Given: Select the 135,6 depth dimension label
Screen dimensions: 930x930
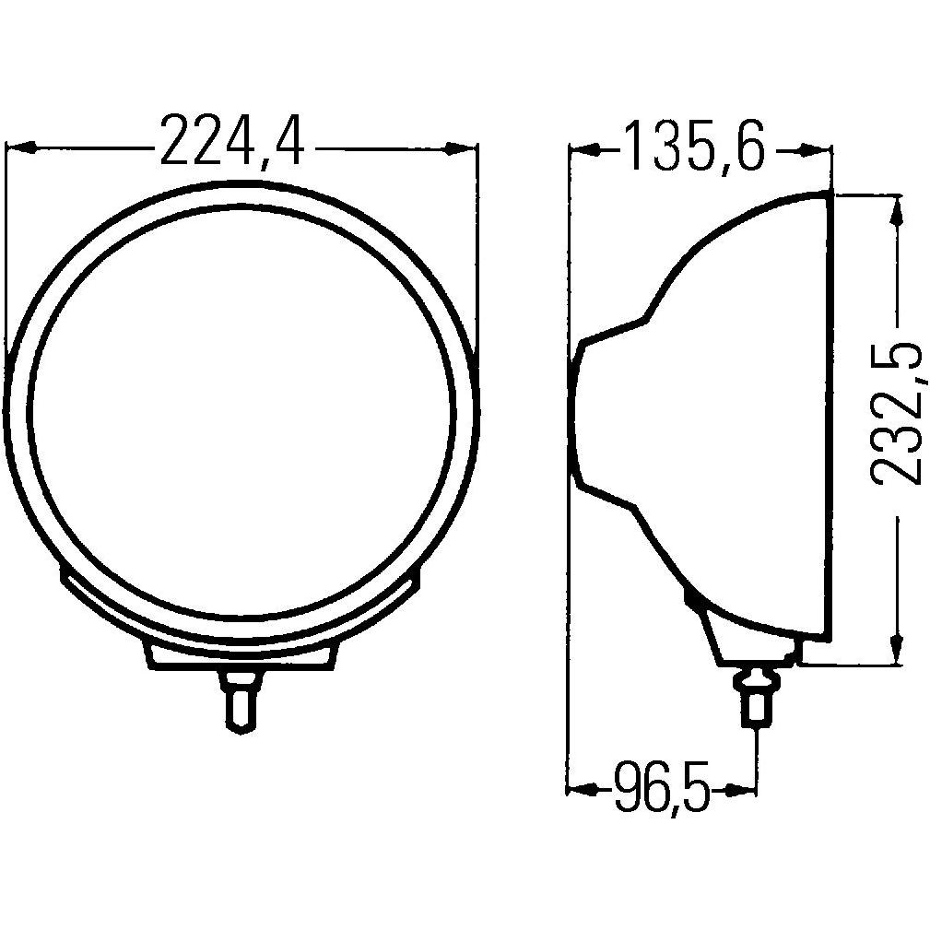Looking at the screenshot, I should click(694, 147).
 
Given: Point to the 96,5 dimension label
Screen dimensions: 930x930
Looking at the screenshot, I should click(662, 791).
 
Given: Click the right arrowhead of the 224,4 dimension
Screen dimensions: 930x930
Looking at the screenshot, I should click(464, 147).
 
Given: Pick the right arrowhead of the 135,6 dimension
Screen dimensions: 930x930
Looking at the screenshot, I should click(818, 148).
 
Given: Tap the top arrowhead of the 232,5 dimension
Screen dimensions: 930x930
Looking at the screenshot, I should click(895, 208).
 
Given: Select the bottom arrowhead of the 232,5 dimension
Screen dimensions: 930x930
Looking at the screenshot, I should click(895, 650).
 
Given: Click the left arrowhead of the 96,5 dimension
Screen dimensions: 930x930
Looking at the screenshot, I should click(579, 789).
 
